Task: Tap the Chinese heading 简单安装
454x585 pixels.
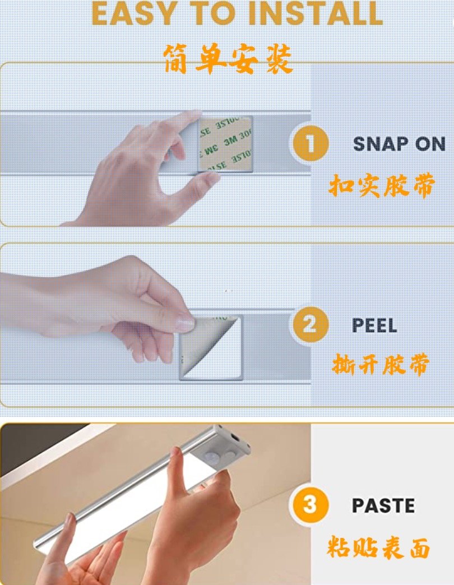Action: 228,59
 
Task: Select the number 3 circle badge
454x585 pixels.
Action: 309,505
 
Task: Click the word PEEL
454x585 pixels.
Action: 374,326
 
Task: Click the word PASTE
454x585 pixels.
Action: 383,505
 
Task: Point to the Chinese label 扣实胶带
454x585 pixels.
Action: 382,185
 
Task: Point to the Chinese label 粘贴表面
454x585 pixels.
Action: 378,547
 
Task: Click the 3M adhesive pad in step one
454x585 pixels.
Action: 225,144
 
